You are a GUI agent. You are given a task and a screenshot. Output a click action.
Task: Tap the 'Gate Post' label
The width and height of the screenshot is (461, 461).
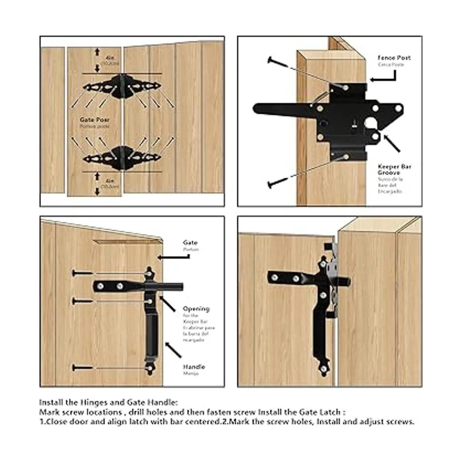pyautogui.click(x=95, y=120)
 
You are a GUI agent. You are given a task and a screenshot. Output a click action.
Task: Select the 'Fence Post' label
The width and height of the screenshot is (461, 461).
pyautogui.click(x=394, y=58)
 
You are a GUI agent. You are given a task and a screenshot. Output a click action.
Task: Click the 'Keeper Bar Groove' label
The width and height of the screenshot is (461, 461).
pyautogui.click(x=395, y=169)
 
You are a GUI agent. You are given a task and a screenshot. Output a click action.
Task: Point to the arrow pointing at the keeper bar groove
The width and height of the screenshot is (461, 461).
pyautogui.click(x=391, y=143)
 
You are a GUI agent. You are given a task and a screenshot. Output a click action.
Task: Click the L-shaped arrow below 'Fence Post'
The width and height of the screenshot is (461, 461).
pyautogui.click(x=384, y=76)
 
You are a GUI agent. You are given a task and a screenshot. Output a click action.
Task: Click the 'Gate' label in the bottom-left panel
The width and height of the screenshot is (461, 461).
pyautogui.click(x=190, y=243)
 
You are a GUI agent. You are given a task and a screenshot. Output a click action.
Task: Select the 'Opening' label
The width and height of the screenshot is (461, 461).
pyautogui.click(x=196, y=309)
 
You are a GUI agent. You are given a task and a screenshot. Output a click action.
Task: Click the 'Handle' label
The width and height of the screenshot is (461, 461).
pyautogui.click(x=194, y=367)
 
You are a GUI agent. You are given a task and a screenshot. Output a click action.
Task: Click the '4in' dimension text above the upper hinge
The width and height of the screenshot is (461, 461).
pyautogui.click(x=110, y=58)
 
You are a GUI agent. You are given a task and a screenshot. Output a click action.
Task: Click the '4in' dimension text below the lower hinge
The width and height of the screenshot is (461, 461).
pyautogui.click(x=110, y=180)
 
